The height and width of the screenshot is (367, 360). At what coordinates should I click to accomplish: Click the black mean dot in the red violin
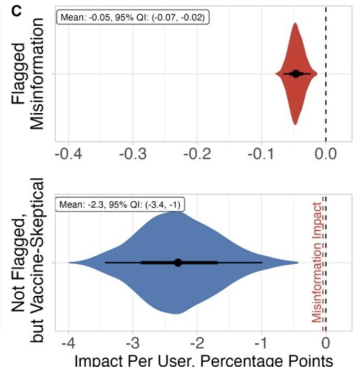296,74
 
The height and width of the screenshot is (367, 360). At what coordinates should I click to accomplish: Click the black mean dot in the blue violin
178,262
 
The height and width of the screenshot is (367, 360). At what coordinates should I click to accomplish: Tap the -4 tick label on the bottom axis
69,343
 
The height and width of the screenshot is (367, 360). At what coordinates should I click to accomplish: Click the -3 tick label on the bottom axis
133,343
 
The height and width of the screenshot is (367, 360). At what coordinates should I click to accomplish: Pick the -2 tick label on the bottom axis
197,343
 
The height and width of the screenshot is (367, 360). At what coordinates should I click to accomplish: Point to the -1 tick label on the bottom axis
261,343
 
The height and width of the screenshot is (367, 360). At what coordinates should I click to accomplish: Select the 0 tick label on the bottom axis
326,343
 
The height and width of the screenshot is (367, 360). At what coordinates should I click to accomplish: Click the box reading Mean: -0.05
134,17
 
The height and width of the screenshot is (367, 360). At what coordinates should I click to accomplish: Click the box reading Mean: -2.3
121,204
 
